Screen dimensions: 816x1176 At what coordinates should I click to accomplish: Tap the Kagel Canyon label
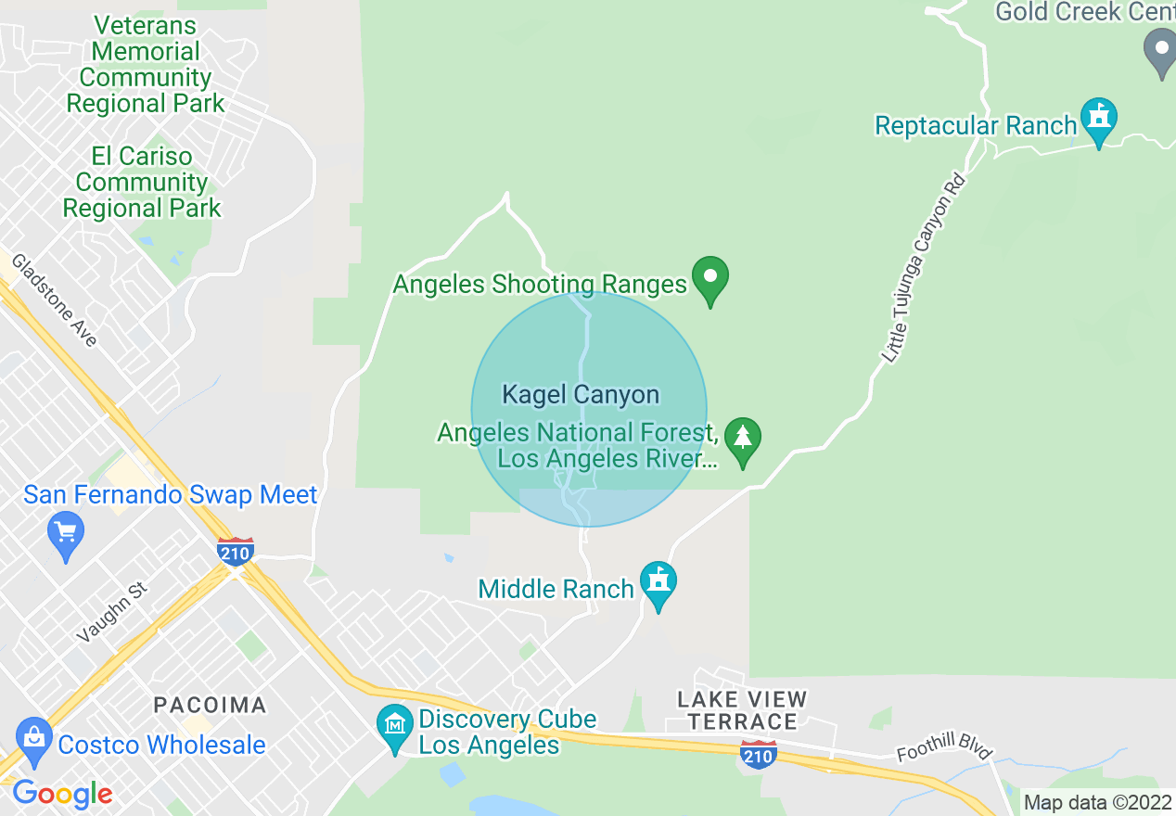coord(581,395)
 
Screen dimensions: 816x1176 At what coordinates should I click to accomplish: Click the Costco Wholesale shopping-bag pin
coord(34,740)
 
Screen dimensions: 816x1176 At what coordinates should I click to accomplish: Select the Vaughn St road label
coord(112,613)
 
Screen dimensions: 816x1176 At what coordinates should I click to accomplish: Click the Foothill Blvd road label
coord(944,741)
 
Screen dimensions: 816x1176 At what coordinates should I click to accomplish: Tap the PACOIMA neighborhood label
coord(210,705)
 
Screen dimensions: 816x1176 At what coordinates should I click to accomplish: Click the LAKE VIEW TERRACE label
coord(742,710)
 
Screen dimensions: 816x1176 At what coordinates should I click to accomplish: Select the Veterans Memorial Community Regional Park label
coord(146,65)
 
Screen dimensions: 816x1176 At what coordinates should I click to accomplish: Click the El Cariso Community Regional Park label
coord(142,183)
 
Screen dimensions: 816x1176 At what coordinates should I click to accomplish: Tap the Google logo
coord(62,794)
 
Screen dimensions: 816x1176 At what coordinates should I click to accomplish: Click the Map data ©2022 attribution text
coord(1097,802)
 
